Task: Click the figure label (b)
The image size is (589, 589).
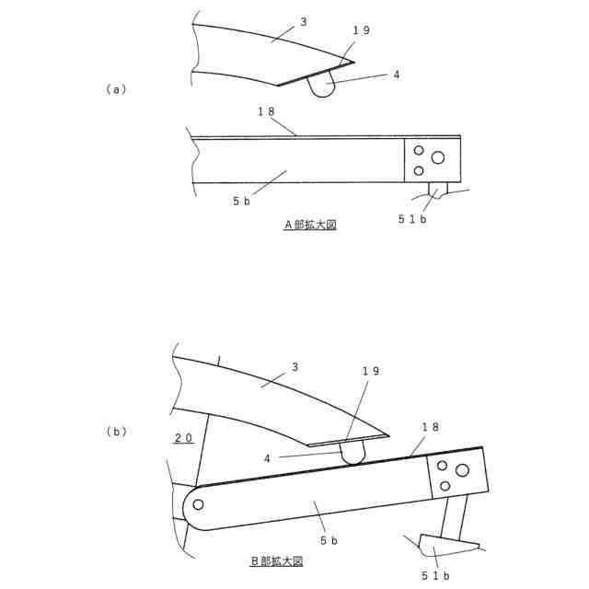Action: [116, 431]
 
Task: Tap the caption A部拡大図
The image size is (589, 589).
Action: [310, 224]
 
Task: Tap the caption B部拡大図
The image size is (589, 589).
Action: [276, 560]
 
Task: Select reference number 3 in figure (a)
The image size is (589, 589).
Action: [303, 21]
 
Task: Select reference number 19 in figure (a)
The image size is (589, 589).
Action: [361, 30]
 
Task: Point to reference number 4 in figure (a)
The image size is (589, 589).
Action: [396, 75]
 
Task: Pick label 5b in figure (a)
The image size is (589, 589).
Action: [242, 200]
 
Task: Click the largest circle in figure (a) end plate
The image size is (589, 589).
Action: [438, 157]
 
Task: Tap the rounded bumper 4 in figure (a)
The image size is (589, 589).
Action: [321, 86]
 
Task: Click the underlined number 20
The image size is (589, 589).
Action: [183, 438]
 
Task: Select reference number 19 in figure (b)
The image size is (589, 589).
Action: [370, 371]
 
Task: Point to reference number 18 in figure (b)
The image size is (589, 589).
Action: [430, 427]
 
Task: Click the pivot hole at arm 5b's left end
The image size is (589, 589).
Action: [198, 503]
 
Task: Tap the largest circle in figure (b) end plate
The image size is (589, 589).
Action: [462, 470]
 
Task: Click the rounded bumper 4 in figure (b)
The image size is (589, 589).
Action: [352, 452]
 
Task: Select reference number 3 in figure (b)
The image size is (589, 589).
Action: [294, 366]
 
